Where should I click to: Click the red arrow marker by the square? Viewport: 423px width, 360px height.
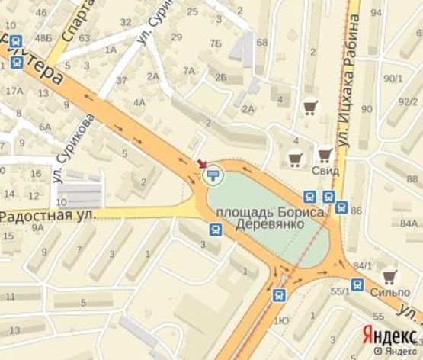pyautogui.click(x=202, y=164)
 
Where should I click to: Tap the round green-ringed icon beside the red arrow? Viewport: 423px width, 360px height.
pyautogui.click(x=213, y=175)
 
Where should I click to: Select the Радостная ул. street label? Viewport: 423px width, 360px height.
pyautogui.click(x=47, y=217)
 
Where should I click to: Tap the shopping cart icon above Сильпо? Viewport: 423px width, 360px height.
pyautogui.click(x=389, y=275)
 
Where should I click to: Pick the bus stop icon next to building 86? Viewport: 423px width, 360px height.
pyautogui.click(x=341, y=207)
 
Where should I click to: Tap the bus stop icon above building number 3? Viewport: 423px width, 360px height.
pyautogui.click(x=216, y=230)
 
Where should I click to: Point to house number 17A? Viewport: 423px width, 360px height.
pyautogui.click(x=14, y=92)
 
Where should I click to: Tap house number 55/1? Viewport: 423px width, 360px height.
pyautogui.click(x=339, y=291)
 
